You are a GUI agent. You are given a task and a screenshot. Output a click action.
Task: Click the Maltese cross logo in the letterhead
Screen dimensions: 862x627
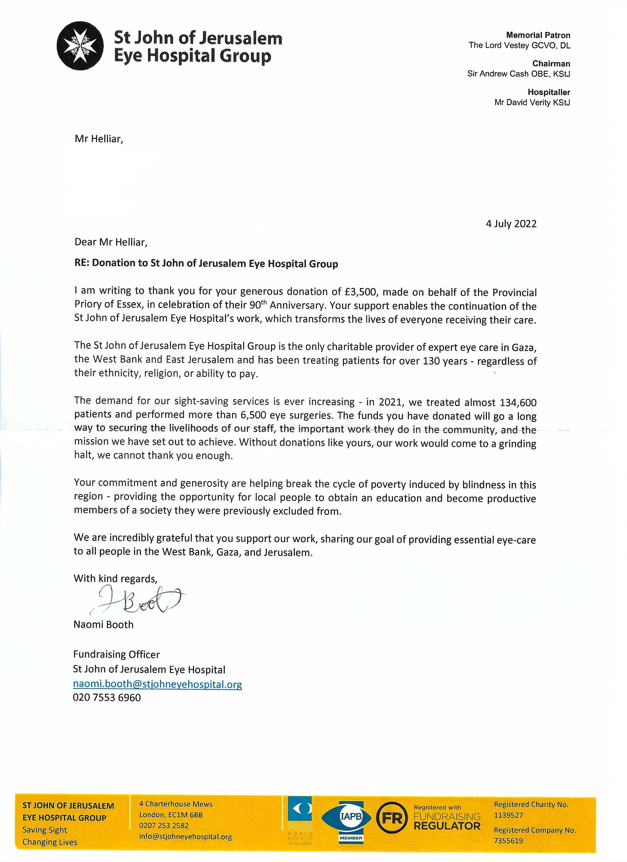pos(80,46)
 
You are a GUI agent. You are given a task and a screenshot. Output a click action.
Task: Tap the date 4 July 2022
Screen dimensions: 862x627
pos(511,224)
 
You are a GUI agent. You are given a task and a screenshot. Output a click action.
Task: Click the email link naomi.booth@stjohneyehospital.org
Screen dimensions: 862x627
pos(157,684)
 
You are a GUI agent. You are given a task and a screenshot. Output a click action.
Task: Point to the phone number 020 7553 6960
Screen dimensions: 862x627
pos(107,697)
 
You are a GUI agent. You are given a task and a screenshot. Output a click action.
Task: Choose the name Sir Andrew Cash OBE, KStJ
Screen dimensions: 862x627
pos(518,74)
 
